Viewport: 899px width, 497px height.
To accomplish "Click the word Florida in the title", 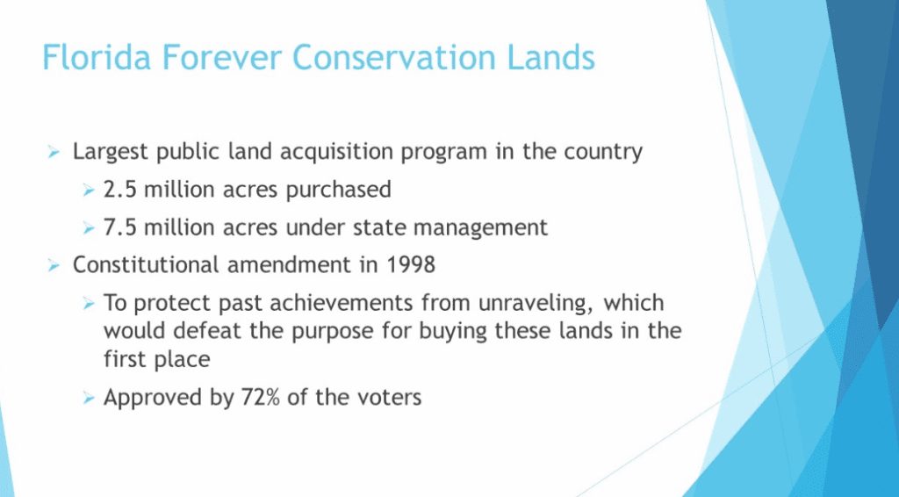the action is coord(97,57).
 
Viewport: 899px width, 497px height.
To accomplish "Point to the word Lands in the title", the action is coord(551,57).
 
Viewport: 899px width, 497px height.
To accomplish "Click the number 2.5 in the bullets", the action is coord(119,189).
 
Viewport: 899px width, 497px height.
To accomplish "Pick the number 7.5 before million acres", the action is coord(119,227).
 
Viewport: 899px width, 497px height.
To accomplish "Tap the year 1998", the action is coord(411,265).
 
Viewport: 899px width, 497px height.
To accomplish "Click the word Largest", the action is coord(111,153).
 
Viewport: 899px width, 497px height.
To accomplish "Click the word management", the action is coord(480,228).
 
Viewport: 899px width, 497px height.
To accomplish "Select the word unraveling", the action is coord(535,304).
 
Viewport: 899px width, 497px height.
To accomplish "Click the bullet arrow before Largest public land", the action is coord(54,152).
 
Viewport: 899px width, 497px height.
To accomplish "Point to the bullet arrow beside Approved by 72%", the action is coord(88,397).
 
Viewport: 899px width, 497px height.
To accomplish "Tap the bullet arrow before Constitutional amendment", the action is coord(54,265).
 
